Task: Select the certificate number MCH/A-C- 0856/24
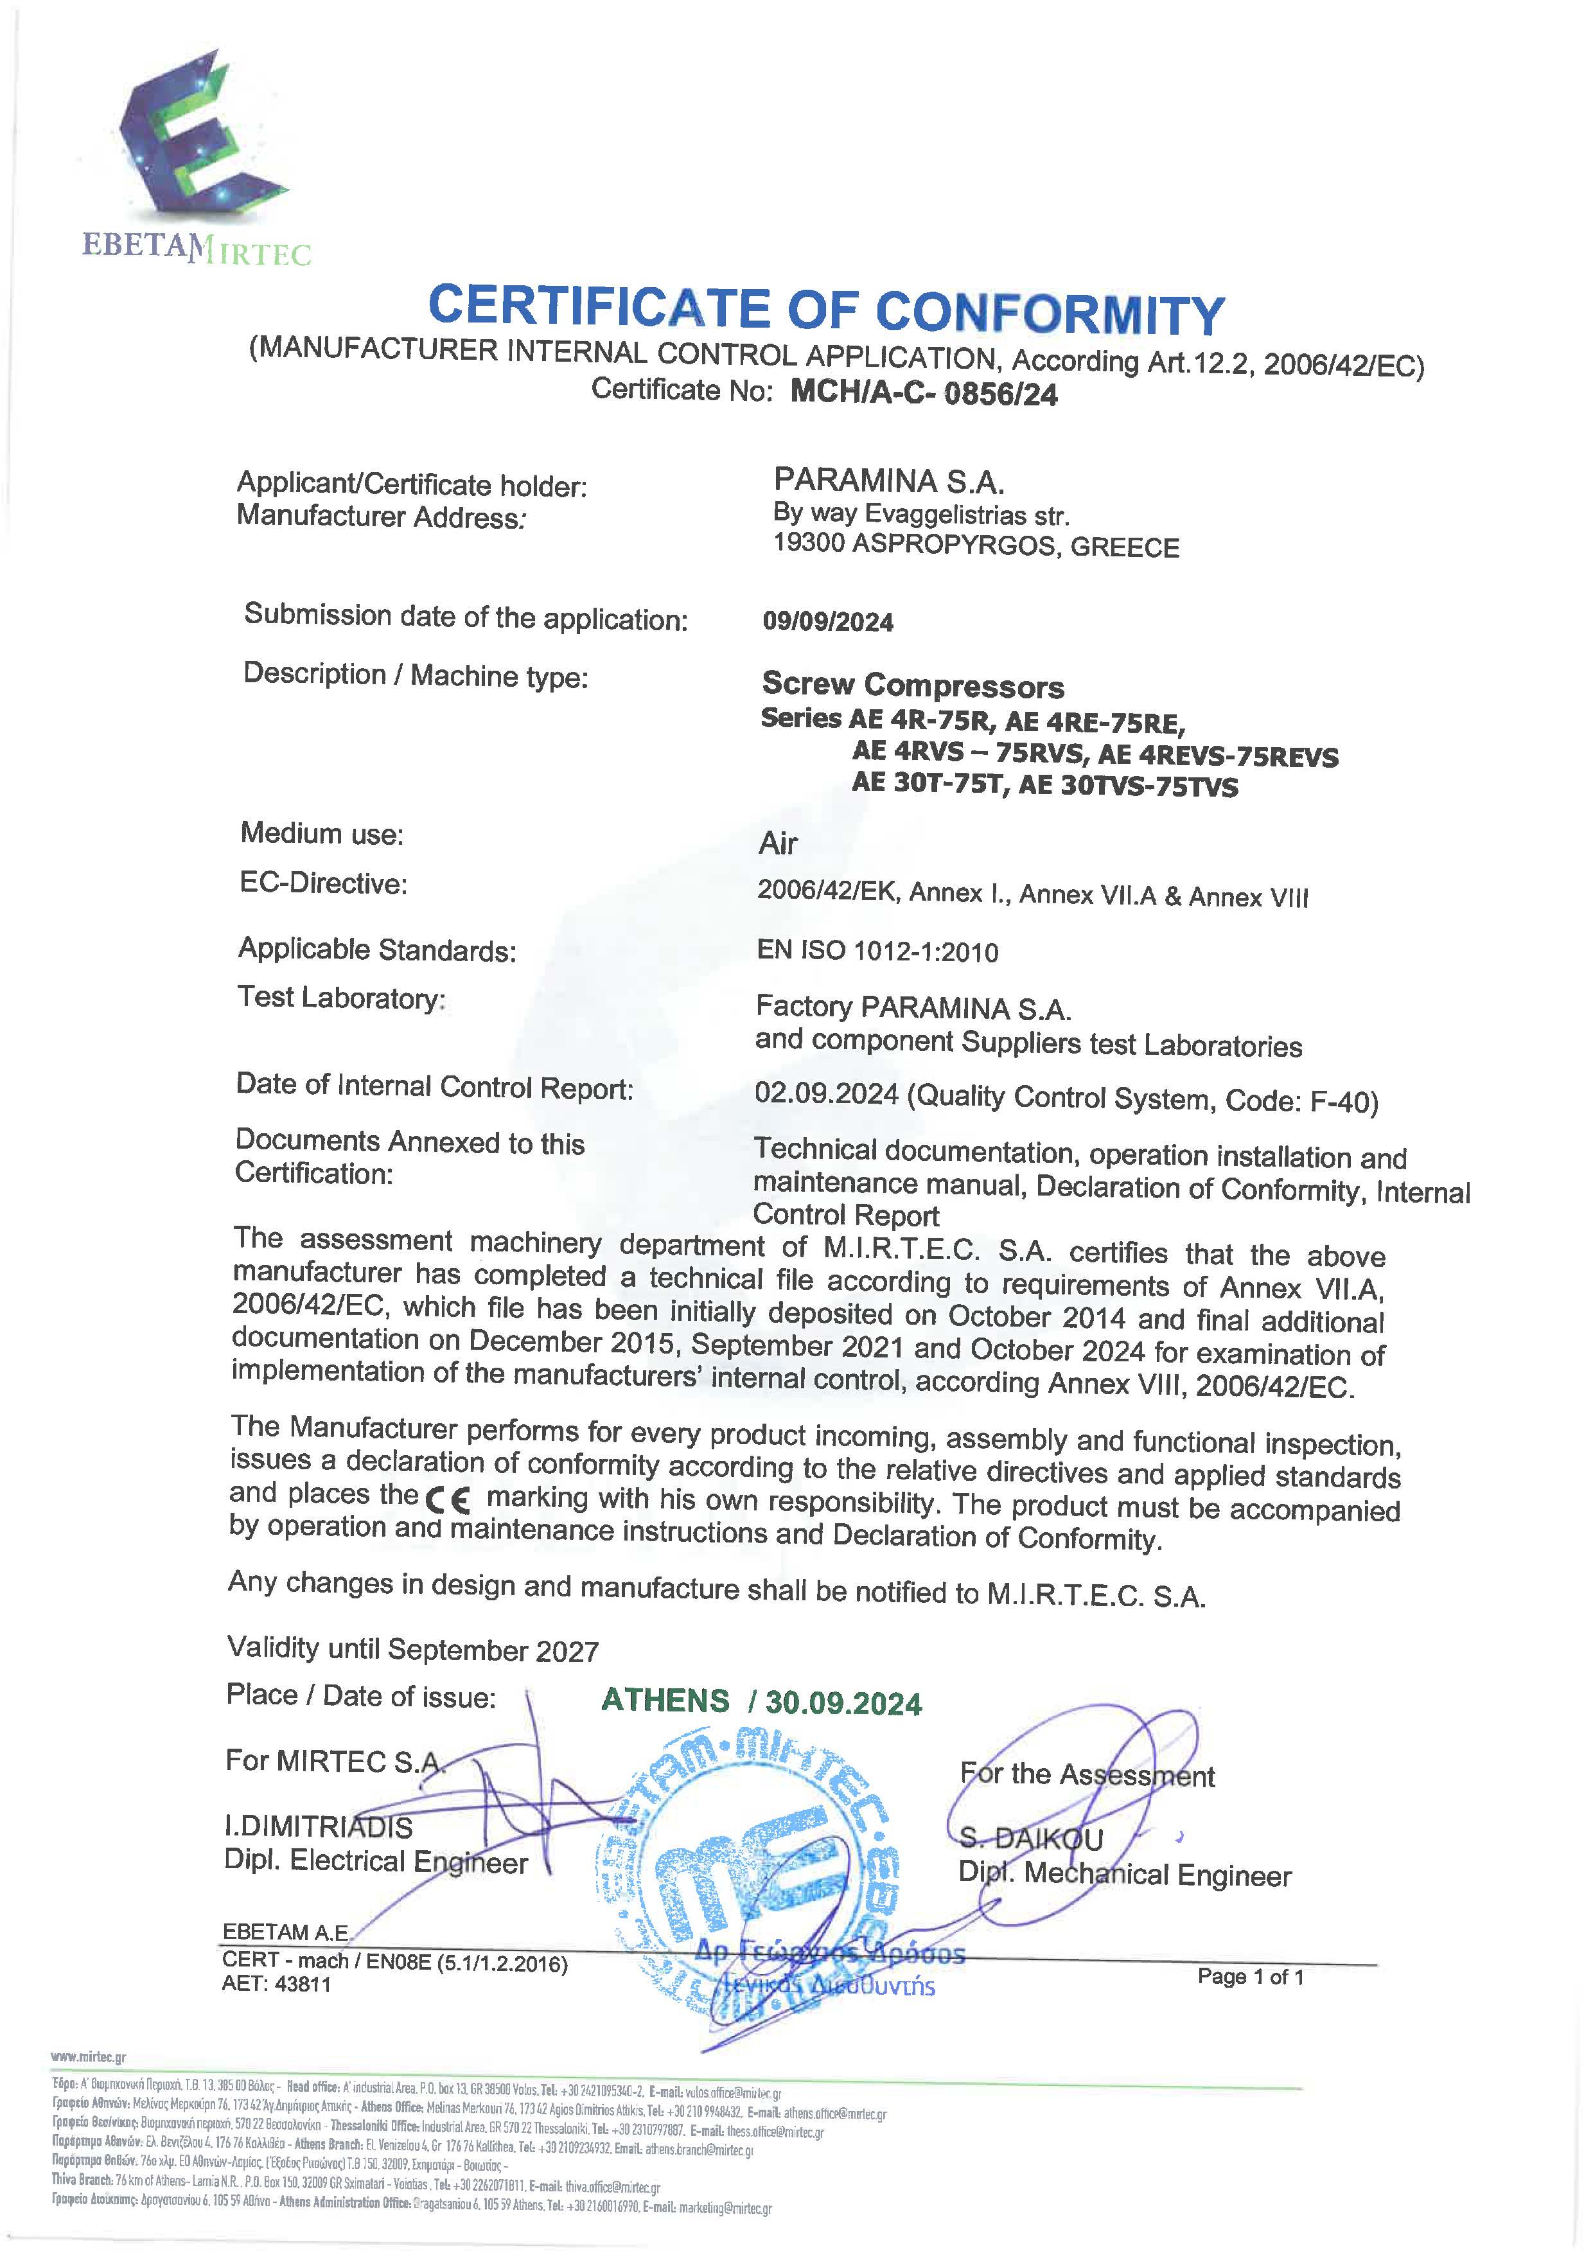(x=924, y=393)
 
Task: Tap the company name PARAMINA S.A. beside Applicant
(x=889, y=481)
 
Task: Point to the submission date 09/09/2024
(x=828, y=621)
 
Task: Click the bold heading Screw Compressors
(x=912, y=685)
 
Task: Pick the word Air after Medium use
(x=778, y=843)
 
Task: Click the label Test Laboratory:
(x=341, y=998)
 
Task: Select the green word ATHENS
(x=665, y=1701)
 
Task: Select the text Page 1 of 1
(x=1250, y=1976)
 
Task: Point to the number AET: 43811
(x=277, y=1984)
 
